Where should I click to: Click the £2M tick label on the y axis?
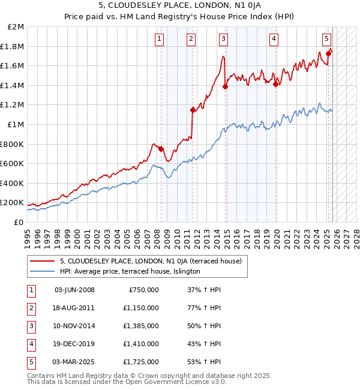16,27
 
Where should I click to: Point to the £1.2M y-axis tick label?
13,105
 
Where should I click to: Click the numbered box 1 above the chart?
159,40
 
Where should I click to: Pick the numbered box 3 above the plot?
223,40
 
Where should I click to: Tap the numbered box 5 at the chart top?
326,40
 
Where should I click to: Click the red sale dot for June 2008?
161,148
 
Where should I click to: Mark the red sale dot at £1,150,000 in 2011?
193,110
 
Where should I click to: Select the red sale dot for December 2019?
275,85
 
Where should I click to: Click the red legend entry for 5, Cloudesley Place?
151,261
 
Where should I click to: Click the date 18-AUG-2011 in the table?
74,308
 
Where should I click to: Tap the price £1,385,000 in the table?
144,326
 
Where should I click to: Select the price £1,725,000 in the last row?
144,362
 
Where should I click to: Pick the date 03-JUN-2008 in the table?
74,290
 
